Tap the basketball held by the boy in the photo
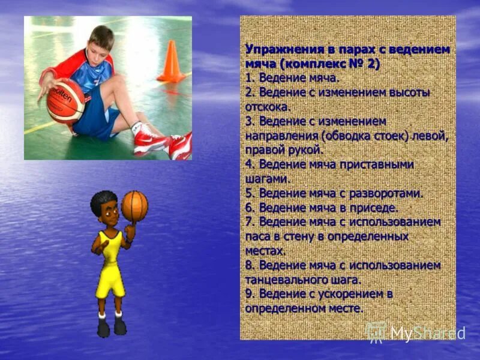point(65,100)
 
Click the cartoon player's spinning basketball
point(134,206)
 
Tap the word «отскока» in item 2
point(267,107)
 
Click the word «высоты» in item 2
point(409,92)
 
